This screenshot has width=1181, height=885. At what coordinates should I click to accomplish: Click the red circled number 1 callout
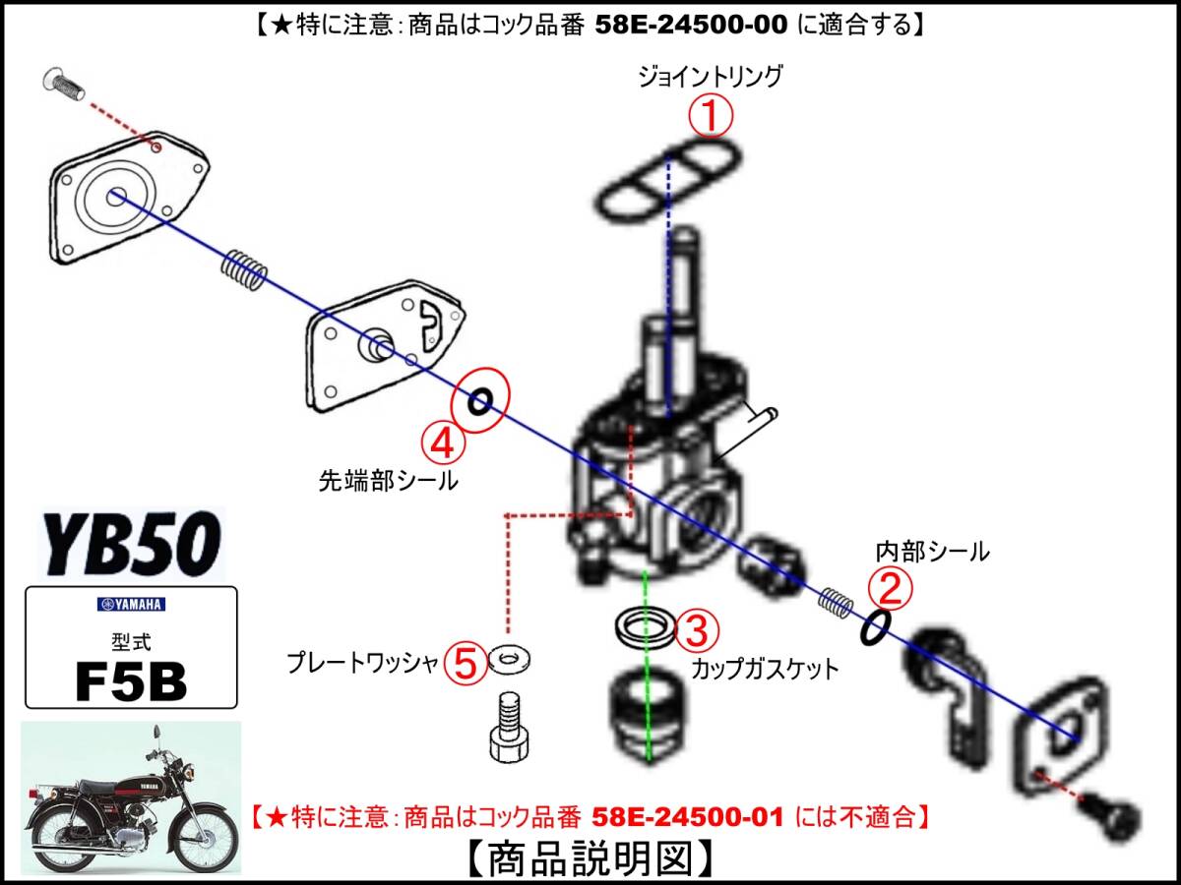tap(711, 116)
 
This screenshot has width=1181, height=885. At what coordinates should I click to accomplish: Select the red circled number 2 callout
tap(891, 588)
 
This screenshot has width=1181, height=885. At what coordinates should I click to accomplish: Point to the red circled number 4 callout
tap(443, 443)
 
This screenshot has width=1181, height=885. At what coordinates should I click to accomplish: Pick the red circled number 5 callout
tap(466, 663)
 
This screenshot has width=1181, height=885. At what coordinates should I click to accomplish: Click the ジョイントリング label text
tap(710, 77)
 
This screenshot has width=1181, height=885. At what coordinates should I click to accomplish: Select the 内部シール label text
tap(932, 552)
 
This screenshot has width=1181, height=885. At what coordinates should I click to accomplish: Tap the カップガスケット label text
tap(765, 669)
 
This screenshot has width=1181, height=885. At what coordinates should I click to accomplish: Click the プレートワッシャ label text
tap(362, 663)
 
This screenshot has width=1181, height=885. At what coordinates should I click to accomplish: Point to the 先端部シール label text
tap(388, 481)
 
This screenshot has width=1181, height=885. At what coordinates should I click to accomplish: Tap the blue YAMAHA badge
tap(131, 605)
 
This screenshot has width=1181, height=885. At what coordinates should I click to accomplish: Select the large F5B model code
tap(131, 681)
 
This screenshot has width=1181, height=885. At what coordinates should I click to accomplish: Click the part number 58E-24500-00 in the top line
tap(691, 25)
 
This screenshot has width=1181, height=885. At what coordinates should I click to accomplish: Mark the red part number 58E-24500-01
tap(688, 817)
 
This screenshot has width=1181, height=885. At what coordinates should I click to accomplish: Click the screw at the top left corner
tap(64, 84)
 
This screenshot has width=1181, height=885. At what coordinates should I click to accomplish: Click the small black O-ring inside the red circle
tap(480, 401)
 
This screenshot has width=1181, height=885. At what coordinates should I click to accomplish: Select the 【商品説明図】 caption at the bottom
tap(590, 858)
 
